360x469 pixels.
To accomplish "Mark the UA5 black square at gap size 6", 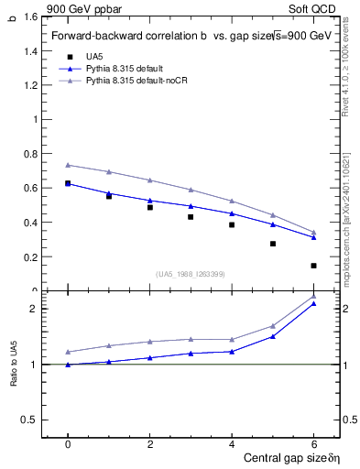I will [313, 266].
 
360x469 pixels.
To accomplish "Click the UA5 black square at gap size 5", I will [273, 244].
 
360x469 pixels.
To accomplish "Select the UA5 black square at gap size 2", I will [150, 207].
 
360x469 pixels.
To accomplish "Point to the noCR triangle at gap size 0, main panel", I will [68, 165].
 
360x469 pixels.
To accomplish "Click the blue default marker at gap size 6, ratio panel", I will [313, 304].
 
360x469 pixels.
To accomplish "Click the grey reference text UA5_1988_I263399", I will [191, 274].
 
